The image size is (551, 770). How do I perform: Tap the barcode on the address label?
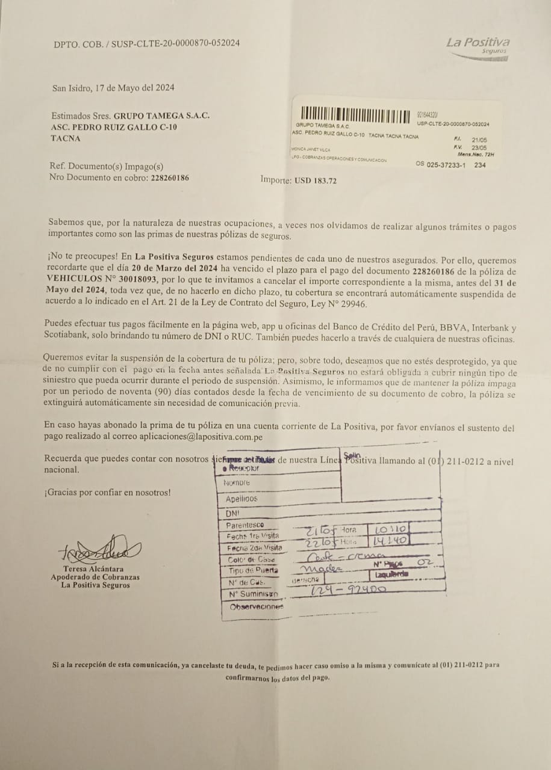coord(356,114)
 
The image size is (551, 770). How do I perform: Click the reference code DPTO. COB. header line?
coord(147,44)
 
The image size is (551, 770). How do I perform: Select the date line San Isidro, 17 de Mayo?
coord(113,88)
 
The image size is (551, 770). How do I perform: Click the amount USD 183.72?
coord(315,180)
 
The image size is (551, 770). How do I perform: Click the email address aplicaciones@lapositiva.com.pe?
coord(201,438)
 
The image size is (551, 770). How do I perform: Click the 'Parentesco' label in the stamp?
coord(244,525)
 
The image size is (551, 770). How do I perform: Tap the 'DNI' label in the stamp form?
coord(232,514)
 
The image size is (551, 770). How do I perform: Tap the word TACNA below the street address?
coord(66,138)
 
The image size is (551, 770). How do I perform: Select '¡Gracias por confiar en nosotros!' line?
coord(107,493)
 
